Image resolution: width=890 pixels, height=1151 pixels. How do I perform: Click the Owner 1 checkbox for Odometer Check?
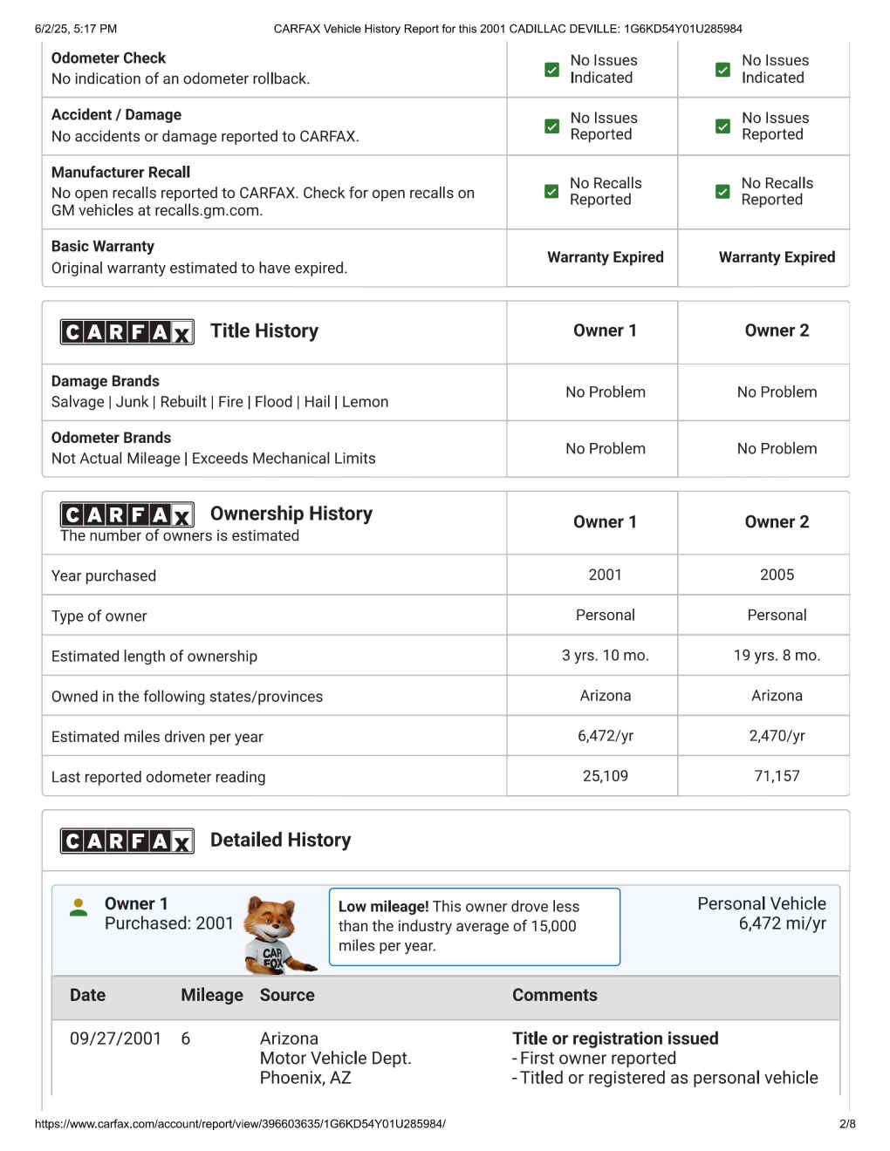coord(551,70)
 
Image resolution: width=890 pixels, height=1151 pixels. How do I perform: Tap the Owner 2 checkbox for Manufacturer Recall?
coord(722,192)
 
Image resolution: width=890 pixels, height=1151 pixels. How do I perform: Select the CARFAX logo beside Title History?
coord(127,332)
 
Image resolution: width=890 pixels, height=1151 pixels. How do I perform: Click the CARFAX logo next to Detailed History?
coord(127,841)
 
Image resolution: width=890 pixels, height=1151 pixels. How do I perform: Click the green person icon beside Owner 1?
coord(79,908)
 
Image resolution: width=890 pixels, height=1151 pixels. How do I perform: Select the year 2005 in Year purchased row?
coord(777,575)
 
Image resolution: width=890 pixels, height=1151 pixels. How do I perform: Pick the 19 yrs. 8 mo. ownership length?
coord(777,656)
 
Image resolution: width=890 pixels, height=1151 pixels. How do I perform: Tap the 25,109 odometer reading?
coord(605,776)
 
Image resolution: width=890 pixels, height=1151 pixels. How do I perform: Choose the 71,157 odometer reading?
coord(777,776)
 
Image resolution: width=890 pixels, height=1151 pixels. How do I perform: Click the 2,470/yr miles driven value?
coord(777,736)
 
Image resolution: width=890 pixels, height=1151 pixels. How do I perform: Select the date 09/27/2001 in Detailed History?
coord(115,1039)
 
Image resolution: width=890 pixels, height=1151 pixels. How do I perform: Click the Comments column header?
coord(555,995)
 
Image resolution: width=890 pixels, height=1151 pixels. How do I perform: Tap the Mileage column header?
coord(211,995)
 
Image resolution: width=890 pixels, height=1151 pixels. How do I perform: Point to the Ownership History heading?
coord(291,514)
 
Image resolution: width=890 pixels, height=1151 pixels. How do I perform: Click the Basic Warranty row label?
coord(103,247)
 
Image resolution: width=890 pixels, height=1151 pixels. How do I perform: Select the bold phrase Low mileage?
coord(383,907)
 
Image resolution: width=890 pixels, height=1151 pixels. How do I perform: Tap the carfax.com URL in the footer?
coord(240,1124)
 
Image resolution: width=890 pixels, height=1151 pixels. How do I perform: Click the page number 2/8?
coord(847,1124)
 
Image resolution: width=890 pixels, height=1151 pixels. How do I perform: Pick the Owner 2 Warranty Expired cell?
coord(777,257)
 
